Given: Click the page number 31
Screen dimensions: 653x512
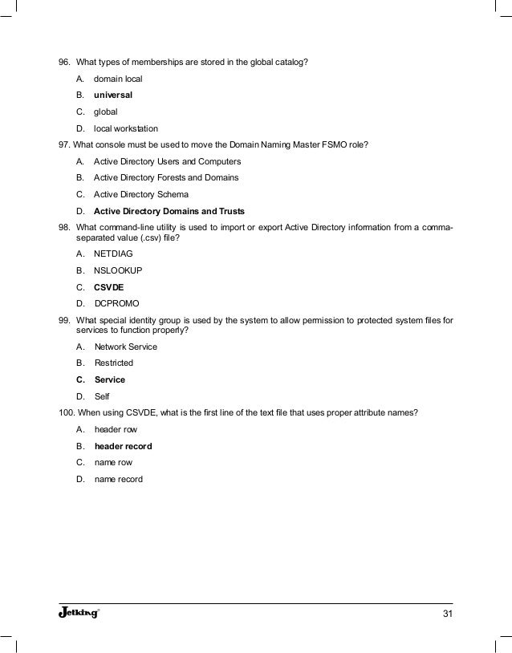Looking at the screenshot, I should point(447,614).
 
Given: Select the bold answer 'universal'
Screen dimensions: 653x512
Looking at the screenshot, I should point(113,95).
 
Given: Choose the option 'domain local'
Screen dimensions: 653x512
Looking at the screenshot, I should point(119,79).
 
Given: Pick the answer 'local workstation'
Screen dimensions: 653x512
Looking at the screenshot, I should point(126,128).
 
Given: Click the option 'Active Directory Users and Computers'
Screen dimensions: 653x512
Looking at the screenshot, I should point(167,161).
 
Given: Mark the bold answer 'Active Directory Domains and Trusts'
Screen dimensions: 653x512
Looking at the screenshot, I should point(169,211).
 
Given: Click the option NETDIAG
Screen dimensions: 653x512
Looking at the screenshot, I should point(113,253).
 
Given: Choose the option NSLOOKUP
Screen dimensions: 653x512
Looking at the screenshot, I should point(118,270).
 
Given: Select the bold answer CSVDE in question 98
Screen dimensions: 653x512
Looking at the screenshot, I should point(109,287).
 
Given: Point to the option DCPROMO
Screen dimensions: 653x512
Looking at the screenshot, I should point(116,304).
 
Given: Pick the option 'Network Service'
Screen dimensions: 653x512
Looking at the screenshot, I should point(126,347).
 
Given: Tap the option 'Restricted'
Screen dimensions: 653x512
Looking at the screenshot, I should point(114,363).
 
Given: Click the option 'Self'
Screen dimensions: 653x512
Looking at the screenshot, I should point(102,395).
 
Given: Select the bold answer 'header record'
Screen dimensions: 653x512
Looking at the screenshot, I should point(123,446).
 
